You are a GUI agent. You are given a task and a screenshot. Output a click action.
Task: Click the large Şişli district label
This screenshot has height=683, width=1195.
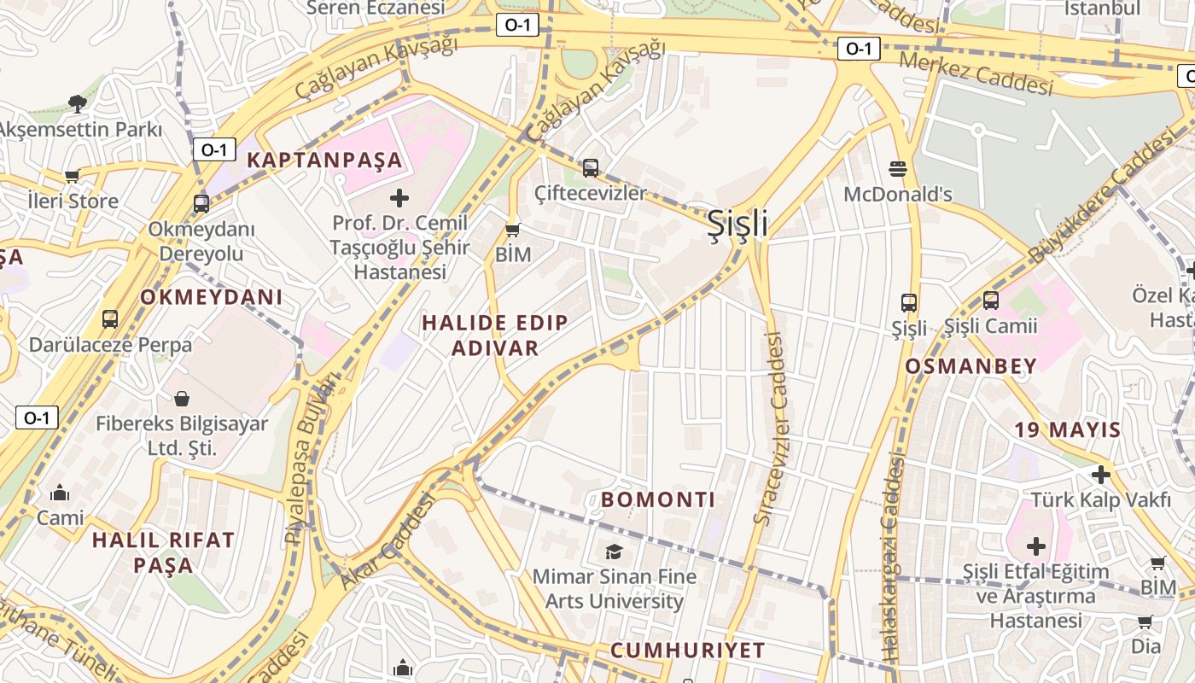tap(737, 224)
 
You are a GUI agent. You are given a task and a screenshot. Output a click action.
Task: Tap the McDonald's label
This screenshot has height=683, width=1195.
tap(897, 195)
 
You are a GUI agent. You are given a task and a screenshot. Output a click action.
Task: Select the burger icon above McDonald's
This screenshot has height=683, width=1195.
tap(897, 168)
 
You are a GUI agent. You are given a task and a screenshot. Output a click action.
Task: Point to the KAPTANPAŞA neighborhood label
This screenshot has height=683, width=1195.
tap(324, 160)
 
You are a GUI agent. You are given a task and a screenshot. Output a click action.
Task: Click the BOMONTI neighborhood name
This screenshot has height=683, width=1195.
tap(658, 499)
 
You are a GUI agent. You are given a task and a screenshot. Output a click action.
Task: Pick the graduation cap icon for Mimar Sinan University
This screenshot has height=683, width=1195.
tap(614, 552)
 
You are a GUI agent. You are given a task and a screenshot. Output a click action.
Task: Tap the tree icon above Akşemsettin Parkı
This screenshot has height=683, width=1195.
tap(78, 104)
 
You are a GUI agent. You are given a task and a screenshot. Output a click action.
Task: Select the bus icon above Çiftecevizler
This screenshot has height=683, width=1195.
tap(591, 167)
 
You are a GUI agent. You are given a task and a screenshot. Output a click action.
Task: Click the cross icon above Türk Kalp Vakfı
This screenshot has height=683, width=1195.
tap(1101, 474)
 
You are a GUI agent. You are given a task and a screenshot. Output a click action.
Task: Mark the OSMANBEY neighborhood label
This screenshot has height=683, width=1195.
tap(971, 366)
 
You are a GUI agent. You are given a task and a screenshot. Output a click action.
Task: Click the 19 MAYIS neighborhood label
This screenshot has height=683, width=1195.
tap(1067, 429)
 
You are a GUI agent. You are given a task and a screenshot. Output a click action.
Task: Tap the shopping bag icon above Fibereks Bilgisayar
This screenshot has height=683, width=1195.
tap(182, 398)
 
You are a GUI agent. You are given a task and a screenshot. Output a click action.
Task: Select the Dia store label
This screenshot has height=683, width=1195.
tap(1145, 646)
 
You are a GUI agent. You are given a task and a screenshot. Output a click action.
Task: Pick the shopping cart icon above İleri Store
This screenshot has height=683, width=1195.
tap(73, 176)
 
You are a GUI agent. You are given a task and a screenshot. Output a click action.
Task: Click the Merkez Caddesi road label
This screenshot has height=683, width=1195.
tap(976, 73)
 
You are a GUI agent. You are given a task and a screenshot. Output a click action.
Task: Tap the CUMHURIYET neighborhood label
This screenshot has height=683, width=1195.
tap(687, 650)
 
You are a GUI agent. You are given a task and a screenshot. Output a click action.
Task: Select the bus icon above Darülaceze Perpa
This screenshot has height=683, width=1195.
tap(110, 319)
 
